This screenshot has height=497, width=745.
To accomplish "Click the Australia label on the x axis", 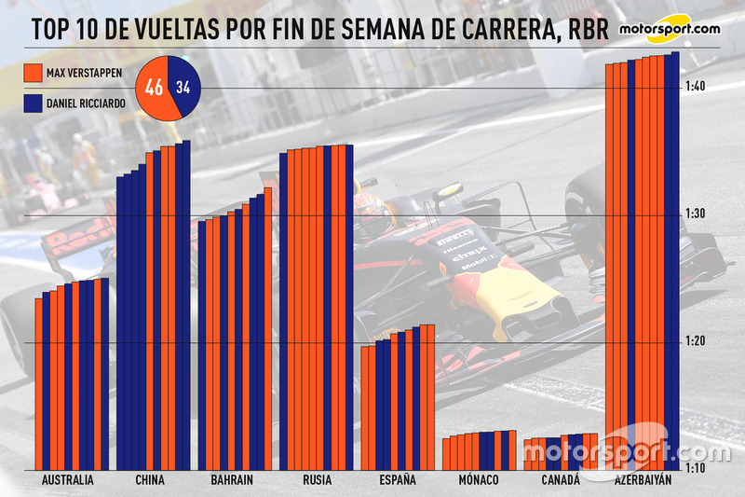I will pos(68,480).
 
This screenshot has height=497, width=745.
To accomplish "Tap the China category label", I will pos(149,480).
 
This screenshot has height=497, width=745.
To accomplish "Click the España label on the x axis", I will pos(398,480).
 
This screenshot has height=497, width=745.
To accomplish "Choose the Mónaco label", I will pos(479,480).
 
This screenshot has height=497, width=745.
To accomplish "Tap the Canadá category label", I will pos(560,480).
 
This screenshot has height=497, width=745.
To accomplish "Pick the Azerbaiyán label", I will pos(643,480).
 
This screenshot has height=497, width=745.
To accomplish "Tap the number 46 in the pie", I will pos(153,90).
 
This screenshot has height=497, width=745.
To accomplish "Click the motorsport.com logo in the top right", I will pos(667,29).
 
